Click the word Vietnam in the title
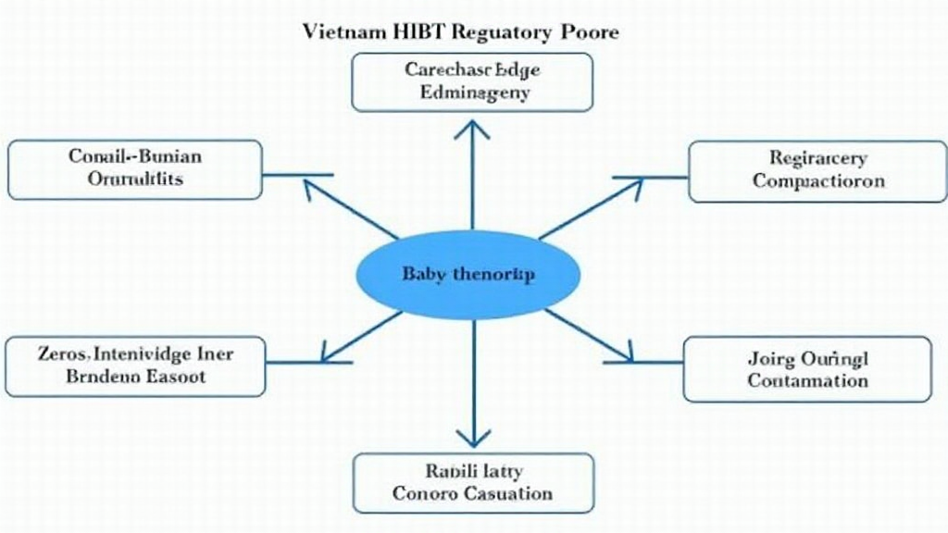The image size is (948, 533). click(x=340, y=31)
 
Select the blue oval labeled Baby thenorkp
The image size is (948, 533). click(x=468, y=275)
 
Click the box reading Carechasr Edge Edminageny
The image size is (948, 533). click(x=472, y=81)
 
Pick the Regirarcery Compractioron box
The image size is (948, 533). click(x=817, y=170)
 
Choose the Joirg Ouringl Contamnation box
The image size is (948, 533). click(x=807, y=368)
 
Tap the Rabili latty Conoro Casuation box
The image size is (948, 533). click(x=473, y=481)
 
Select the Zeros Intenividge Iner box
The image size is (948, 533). click(x=135, y=366)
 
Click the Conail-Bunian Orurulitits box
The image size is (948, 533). click(x=134, y=168)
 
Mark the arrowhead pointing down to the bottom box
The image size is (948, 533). click(x=473, y=436)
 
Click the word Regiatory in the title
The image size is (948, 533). click(x=500, y=31)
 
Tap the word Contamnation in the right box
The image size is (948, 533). click(x=808, y=380)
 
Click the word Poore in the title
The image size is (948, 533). click(x=591, y=31)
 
